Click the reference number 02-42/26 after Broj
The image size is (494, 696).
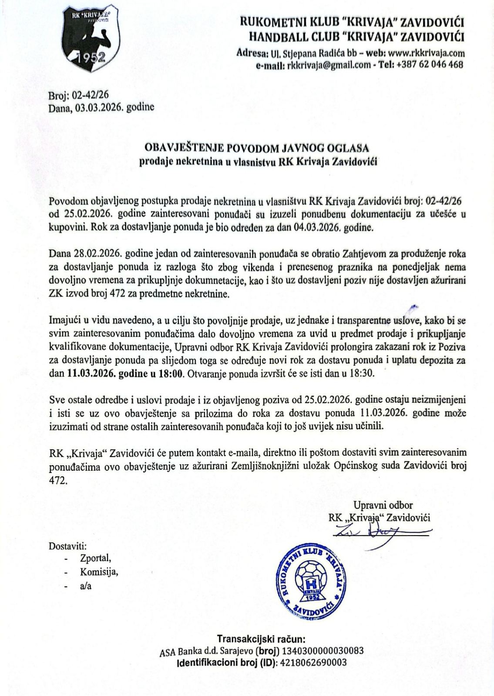click(84, 97)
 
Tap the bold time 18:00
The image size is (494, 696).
click(171, 373)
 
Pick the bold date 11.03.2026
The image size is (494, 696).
click(90, 373)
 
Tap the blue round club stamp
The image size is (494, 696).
click(310, 582)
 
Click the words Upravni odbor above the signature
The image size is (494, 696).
click(377, 505)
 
